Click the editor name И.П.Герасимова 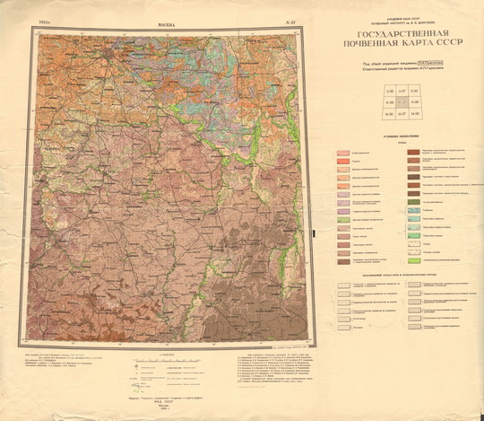pos(418,70)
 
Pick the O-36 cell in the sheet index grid pos(365,92)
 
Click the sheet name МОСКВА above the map pos(168,26)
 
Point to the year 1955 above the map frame pos(45,25)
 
